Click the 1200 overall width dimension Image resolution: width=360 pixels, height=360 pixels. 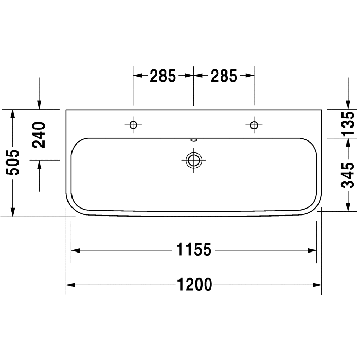(194, 284)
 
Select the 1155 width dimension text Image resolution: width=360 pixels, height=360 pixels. (194, 250)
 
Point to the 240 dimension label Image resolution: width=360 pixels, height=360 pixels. (39, 135)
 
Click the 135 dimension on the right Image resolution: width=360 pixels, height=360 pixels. (348, 123)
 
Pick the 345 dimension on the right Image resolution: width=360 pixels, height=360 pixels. (348, 175)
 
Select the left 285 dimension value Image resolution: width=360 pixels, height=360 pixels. (163, 76)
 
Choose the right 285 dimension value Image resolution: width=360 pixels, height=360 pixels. (224, 76)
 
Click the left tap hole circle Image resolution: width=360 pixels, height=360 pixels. (133, 124)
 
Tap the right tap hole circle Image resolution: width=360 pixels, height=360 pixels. (254, 124)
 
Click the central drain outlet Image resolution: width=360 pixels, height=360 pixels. (193, 160)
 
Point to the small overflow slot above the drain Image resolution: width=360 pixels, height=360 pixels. (193, 139)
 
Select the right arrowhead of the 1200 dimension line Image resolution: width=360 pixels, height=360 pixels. (318, 284)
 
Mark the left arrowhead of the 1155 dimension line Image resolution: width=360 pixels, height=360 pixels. (75, 250)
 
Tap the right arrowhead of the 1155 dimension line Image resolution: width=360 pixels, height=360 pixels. (313, 250)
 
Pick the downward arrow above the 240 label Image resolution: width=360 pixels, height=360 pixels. (39, 105)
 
